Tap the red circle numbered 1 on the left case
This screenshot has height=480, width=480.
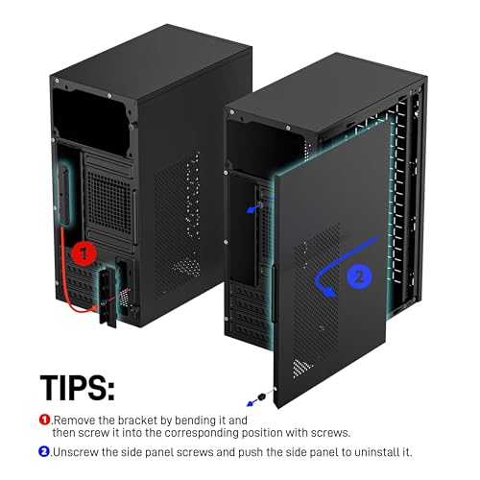click(x=84, y=254)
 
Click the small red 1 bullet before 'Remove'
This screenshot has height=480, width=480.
click(x=44, y=420)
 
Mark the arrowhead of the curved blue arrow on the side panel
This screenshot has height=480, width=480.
click(x=324, y=285)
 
